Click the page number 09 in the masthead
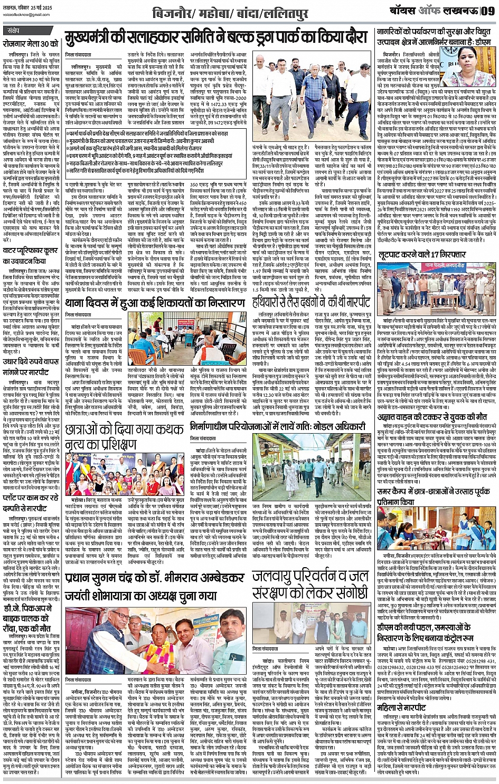pos(488,10)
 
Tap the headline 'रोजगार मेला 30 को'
pos(30,45)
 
